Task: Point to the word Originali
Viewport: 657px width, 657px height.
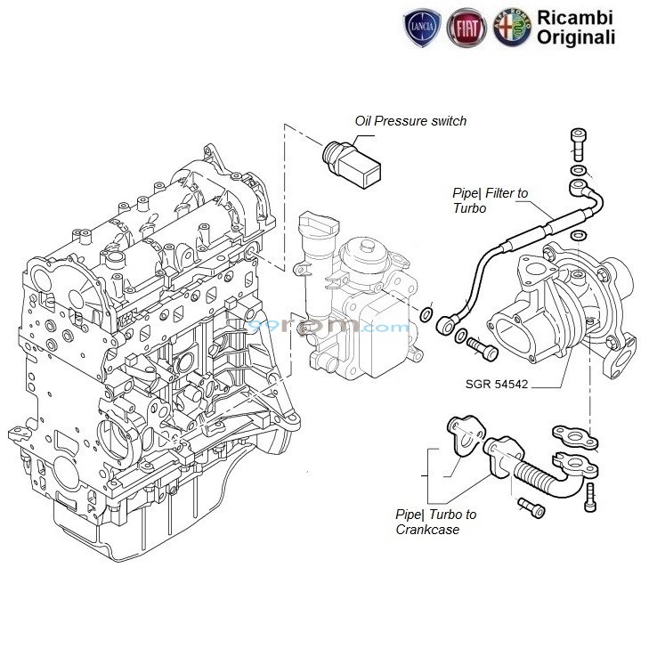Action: (x=574, y=37)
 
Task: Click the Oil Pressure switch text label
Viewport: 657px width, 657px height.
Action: (x=410, y=121)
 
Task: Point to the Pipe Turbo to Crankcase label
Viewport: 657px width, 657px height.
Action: (x=435, y=522)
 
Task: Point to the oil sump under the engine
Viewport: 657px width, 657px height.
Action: (x=178, y=525)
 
